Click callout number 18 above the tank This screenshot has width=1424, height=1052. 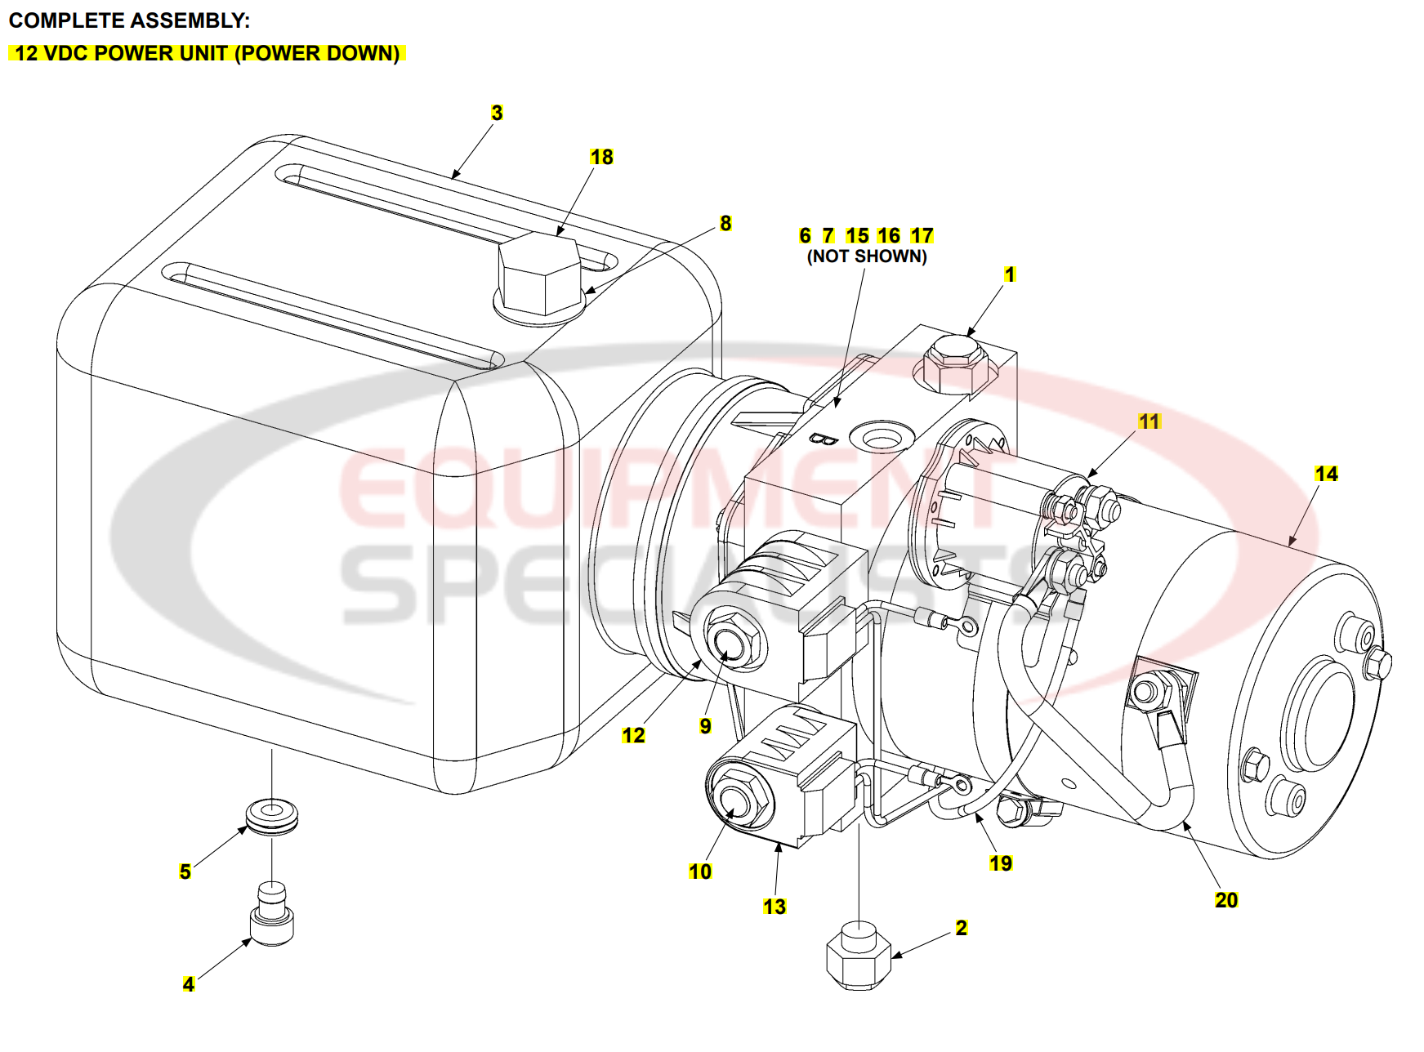(x=601, y=157)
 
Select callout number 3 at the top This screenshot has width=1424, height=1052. (x=497, y=113)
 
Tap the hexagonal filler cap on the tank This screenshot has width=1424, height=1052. (x=538, y=274)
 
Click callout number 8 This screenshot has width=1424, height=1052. (x=725, y=223)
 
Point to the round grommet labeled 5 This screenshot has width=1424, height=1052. (x=272, y=816)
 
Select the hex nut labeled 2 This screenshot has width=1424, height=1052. (x=859, y=956)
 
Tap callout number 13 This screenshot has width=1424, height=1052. (x=774, y=907)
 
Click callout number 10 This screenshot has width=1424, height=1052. (x=700, y=871)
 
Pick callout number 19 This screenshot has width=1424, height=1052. (x=1001, y=863)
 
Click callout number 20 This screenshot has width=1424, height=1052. (x=1226, y=900)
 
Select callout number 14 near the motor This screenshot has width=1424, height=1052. (x=1326, y=474)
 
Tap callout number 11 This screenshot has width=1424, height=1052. (x=1149, y=421)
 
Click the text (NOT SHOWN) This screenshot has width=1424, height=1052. (x=867, y=256)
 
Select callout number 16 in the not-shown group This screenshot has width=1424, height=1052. (x=889, y=236)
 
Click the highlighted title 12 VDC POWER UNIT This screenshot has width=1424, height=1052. (x=208, y=53)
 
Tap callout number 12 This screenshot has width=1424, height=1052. (x=633, y=735)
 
